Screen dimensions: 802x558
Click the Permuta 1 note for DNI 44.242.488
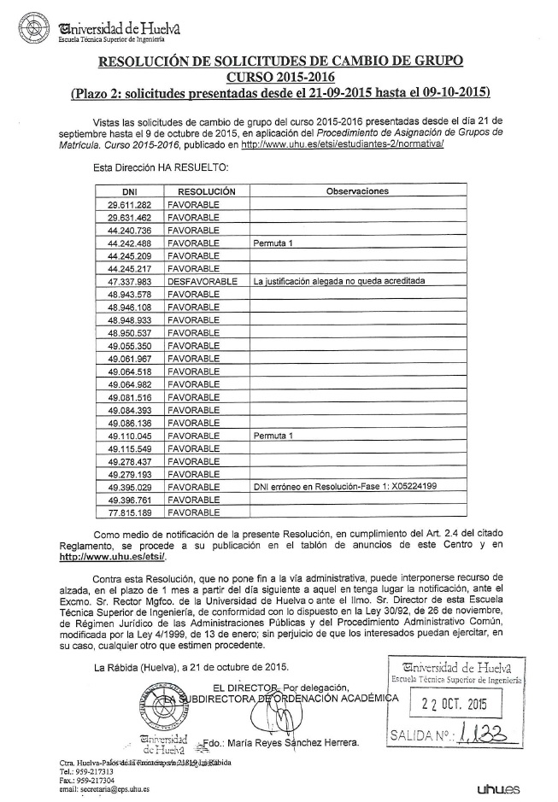click(x=273, y=243)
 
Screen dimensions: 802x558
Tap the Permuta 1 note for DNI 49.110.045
click(x=273, y=436)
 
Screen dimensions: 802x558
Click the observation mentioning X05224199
click(x=345, y=487)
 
